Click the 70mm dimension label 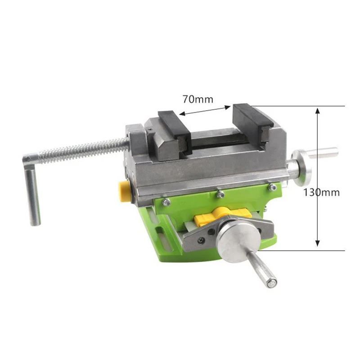pos(198,99)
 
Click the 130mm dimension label pos(321,193)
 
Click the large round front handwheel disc pos(238,243)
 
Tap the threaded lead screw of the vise pos(83,150)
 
